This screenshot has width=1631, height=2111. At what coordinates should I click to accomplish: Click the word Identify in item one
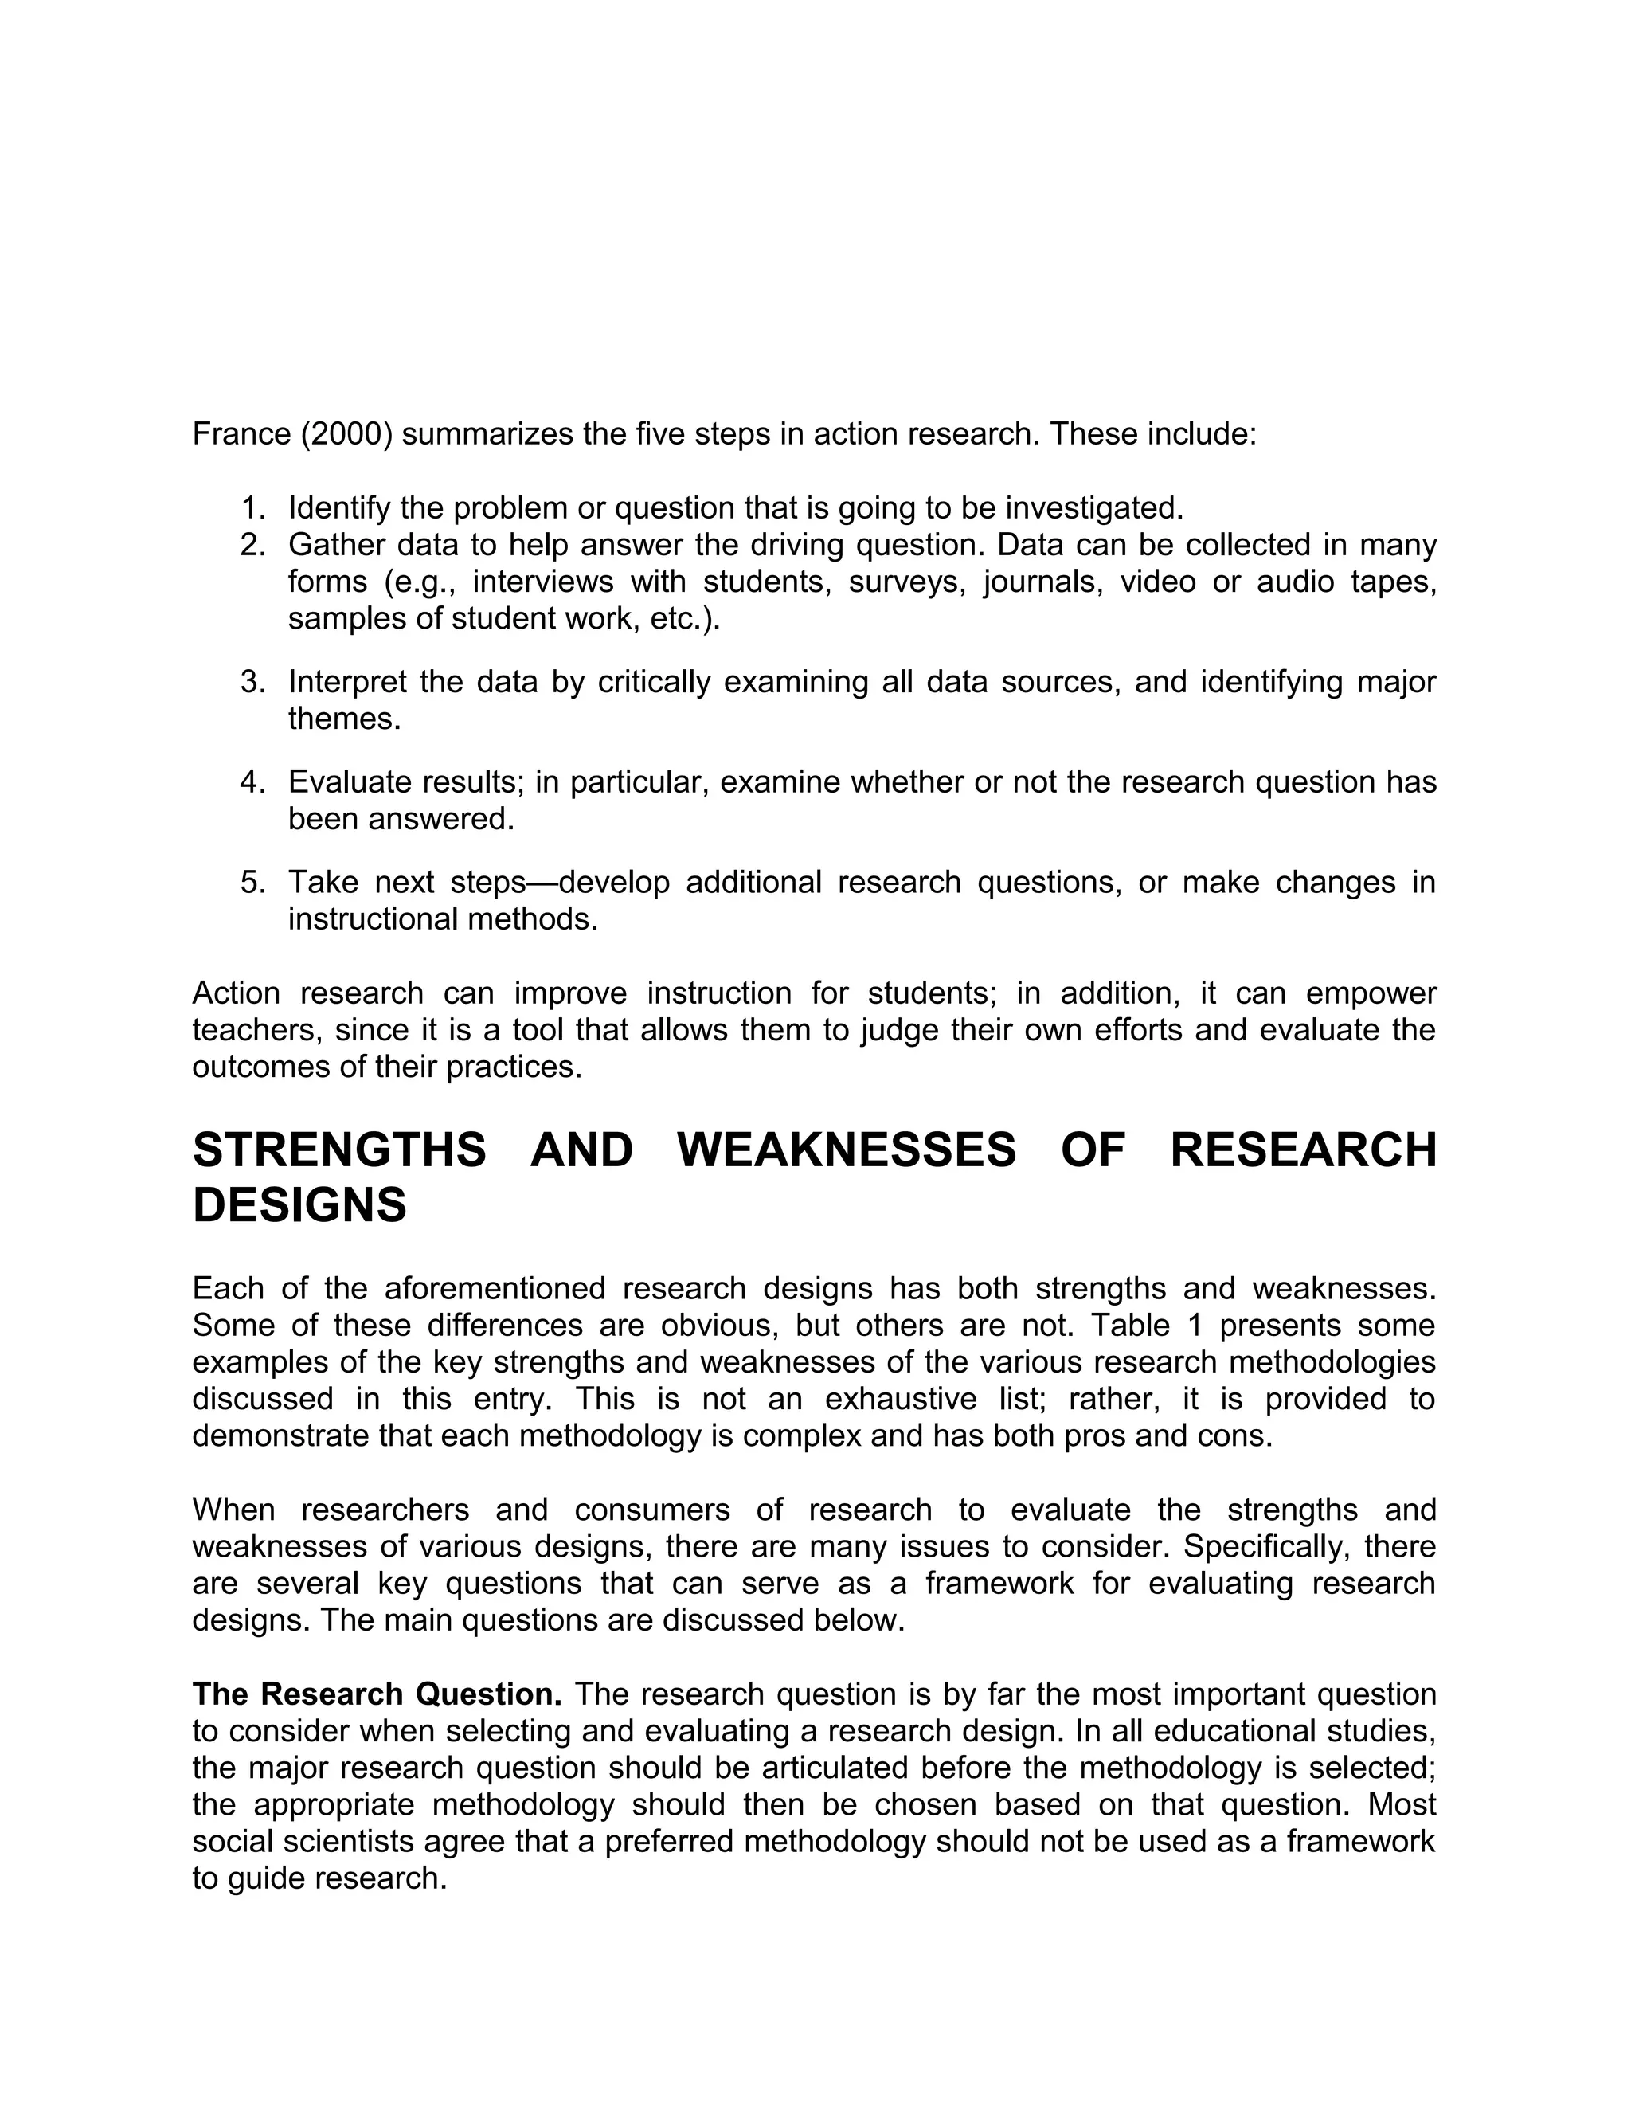338,507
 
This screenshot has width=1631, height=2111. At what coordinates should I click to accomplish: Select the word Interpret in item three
347,683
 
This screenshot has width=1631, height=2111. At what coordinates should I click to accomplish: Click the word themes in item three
343,719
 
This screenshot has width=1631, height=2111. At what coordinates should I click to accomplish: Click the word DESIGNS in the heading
299,1205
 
